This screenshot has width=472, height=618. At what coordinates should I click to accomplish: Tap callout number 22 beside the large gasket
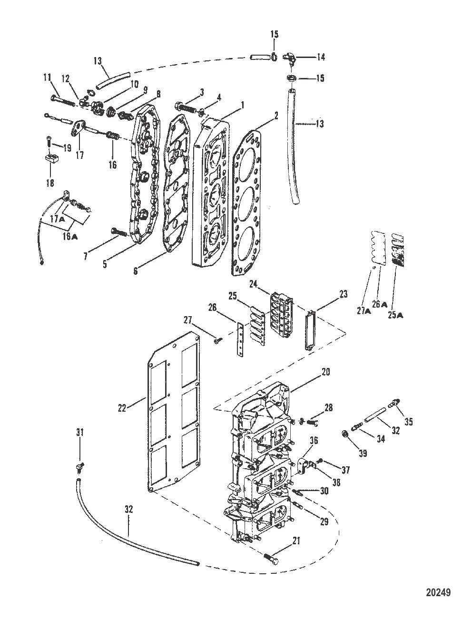(x=122, y=408)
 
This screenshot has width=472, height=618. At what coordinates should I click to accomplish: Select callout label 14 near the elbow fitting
(x=321, y=57)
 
